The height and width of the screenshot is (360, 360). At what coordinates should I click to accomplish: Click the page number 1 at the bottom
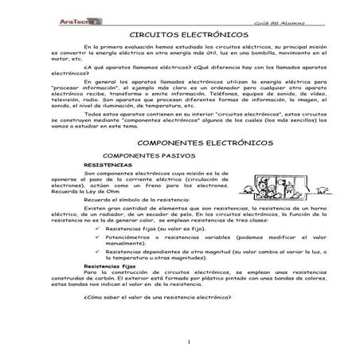[x=180, y=342]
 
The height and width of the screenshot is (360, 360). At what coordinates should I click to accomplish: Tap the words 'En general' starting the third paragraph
[x=99, y=80]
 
